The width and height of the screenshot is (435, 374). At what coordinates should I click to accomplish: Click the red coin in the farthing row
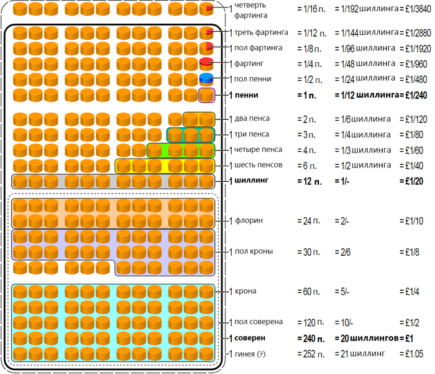point(206,63)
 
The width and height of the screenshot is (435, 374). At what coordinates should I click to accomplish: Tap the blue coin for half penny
point(206,78)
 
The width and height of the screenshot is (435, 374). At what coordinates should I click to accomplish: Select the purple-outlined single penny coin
point(206,95)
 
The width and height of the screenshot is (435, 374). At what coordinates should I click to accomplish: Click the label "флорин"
point(248,221)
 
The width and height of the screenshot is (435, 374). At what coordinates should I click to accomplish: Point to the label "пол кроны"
point(254,251)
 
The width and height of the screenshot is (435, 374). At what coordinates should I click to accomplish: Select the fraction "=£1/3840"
point(412,9)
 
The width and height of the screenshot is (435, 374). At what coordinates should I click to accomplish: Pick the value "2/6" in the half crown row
point(342,251)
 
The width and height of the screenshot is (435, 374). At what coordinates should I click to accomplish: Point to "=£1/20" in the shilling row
point(411,181)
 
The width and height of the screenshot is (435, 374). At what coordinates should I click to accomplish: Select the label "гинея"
point(246,353)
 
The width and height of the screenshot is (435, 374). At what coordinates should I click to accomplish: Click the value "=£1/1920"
point(412,48)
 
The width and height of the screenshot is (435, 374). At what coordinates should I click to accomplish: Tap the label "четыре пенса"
point(258,149)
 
